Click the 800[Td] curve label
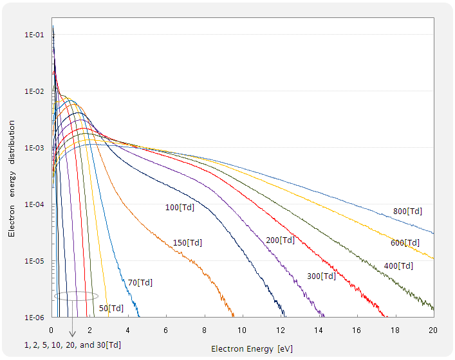click(x=407, y=211)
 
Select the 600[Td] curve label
click(x=405, y=242)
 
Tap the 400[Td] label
click(x=398, y=265)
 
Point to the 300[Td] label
click(x=320, y=276)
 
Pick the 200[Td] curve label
click(x=280, y=240)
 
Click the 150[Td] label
click(x=187, y=242)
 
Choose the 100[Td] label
click(x=180, y=207)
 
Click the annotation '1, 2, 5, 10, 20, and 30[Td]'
click(x=72, y=345)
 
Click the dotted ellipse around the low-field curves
click(x=76, y=296)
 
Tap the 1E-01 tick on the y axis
click(x=34, y=35)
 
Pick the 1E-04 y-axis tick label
click(x=34, y=204)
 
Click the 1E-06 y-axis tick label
click(x=34, y=318)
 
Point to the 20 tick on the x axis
click(x=433, y=329)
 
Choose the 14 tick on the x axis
click(x=319, y=329)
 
